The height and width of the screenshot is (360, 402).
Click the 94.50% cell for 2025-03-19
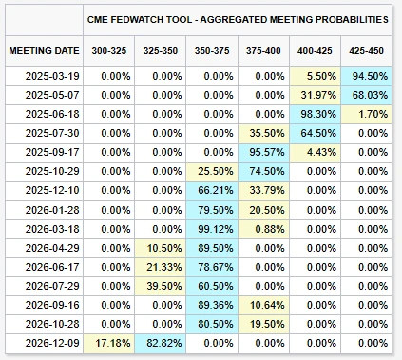(366, 76)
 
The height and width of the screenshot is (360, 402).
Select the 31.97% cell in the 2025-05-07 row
(315, 95)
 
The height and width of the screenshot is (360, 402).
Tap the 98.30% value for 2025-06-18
(315, 114)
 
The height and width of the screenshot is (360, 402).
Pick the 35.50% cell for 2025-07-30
(263, 133)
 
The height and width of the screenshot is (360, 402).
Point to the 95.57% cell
(263, 152)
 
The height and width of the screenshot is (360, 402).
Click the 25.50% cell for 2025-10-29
(212, 171)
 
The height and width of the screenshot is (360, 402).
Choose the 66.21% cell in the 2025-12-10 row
(212, 190)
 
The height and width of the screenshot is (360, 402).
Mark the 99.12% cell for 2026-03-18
(212, 229)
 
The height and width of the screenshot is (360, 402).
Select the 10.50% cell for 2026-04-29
(161, 248)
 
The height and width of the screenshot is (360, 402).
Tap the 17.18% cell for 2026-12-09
(109, 343)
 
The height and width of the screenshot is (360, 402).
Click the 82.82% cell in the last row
(161, 343)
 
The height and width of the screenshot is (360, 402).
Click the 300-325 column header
(109, 51)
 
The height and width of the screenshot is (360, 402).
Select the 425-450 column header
(366, 51)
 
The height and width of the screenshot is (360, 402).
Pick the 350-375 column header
(212, 51)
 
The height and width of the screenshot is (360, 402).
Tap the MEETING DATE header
(44, 51)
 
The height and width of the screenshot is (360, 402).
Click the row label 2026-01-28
(52, 210)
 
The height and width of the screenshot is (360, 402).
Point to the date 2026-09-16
(52, 305)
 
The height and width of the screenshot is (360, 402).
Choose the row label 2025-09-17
(52, 152)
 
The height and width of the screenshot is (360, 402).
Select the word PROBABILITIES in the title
(352, 20)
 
